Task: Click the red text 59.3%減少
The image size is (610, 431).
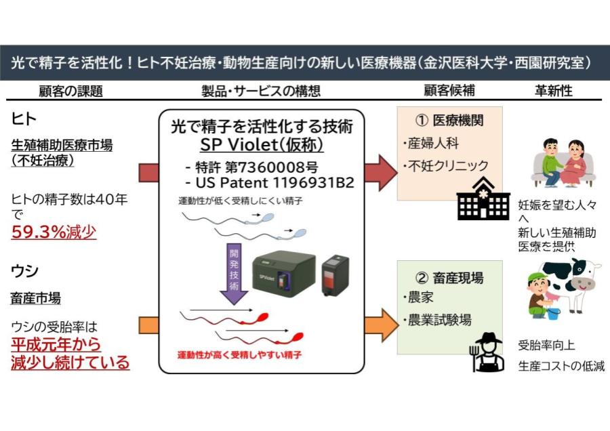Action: pos(54,232)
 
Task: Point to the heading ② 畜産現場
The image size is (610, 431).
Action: pos(449,277)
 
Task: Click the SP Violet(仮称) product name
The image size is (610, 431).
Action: pos(262,145)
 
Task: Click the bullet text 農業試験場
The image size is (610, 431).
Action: pos(439,320)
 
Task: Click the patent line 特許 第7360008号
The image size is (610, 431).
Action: pos(250,167)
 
